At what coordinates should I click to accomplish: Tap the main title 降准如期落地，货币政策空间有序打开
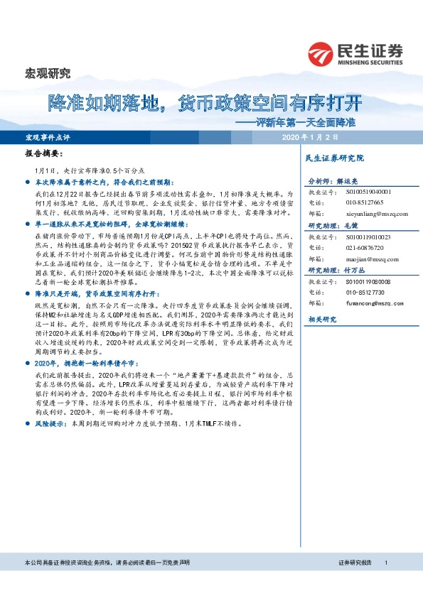pyautogui.click(x=205, y=103)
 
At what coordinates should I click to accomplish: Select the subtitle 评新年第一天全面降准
pyautogui.click(x=301, y=121)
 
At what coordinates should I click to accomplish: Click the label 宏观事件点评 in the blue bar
pyautogui.click(x=49, y=136)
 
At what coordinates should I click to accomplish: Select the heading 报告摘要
pyautogui.click(x=43, y=153)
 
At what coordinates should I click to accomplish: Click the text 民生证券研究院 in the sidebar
pyautogui.click(x=333, y=158)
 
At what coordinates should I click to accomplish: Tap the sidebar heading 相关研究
pyautogui.click(x=320, y=320)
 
